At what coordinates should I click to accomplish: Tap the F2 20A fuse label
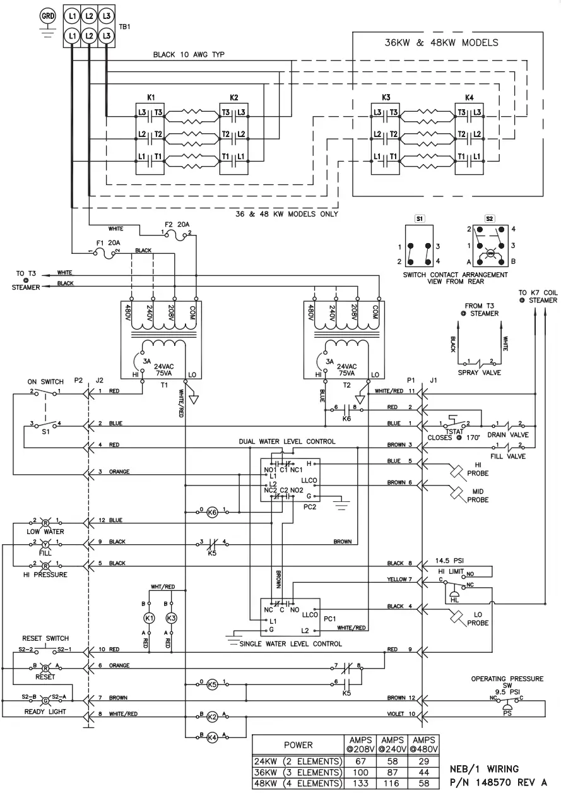tap(177, 224)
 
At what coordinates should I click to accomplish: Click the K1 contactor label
tap(151, 98)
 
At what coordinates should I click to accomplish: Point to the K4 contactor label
tap(469, 98)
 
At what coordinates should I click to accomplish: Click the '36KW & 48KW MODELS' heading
tap(441, 43)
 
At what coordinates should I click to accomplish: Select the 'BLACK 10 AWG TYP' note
tap(189, 55)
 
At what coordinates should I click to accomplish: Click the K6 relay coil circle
tap(212, 512)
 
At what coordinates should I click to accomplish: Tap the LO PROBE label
tap(478, 619)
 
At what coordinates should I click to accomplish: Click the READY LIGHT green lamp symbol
tap(45, 701)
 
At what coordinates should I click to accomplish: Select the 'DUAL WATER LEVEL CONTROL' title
tap(287, 441)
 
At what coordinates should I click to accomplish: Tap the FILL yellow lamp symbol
tap(45, 544)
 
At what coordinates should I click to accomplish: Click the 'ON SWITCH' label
tap(45, 381)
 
